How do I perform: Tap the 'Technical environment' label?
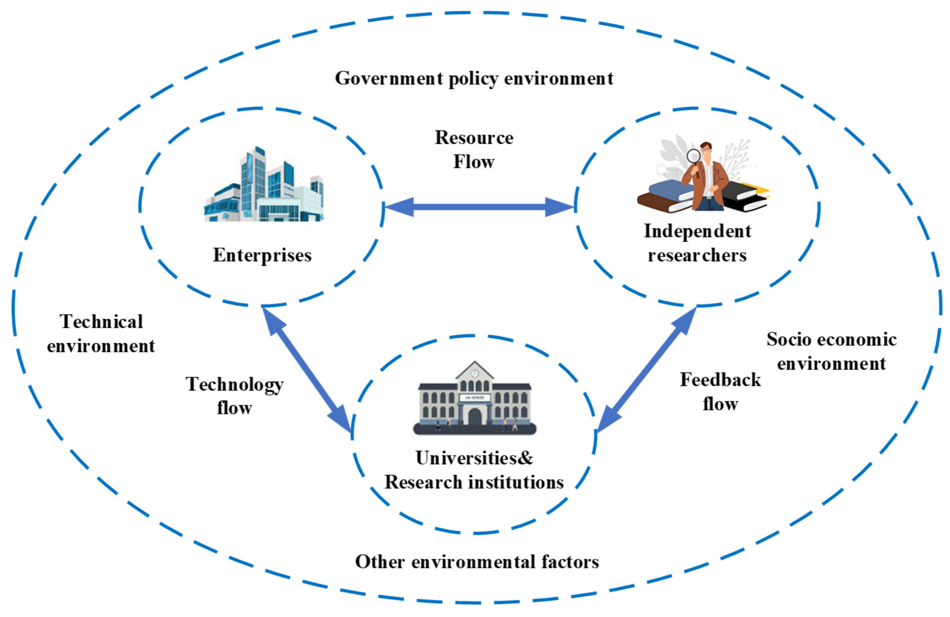coord(101,333)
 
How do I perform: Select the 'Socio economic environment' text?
coord(831,351)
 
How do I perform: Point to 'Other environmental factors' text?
coord(477,562)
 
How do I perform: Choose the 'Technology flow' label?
coord(235,396)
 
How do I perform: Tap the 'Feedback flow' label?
coord(720,392)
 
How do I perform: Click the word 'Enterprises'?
coord(262,255)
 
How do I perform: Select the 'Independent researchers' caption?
coord(697,243)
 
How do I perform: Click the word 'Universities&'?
coord(474,458)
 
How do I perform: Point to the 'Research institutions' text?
coord(474,482)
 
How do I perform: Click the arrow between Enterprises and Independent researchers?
coord(479,207)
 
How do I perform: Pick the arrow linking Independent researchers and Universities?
coord(647,369)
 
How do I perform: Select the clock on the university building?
coord(475,373)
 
